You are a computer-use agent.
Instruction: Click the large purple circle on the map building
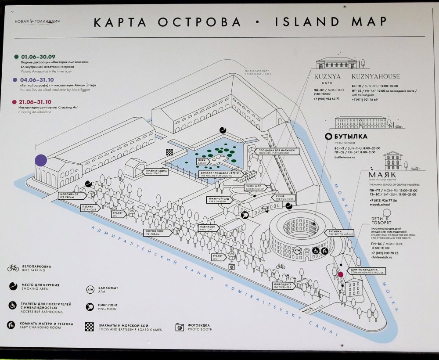[41, 160]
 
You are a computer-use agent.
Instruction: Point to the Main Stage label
[157, 173]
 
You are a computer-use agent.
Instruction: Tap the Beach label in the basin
[202, 161]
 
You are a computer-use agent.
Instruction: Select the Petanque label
[89, 209]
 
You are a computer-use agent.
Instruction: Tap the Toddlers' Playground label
[280, 152]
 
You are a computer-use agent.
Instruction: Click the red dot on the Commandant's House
[340, 274]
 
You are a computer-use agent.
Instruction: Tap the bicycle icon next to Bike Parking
[13, 267]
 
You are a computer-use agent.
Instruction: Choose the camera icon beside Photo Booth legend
[179, 327]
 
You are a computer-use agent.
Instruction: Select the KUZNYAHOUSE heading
[375, 76]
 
